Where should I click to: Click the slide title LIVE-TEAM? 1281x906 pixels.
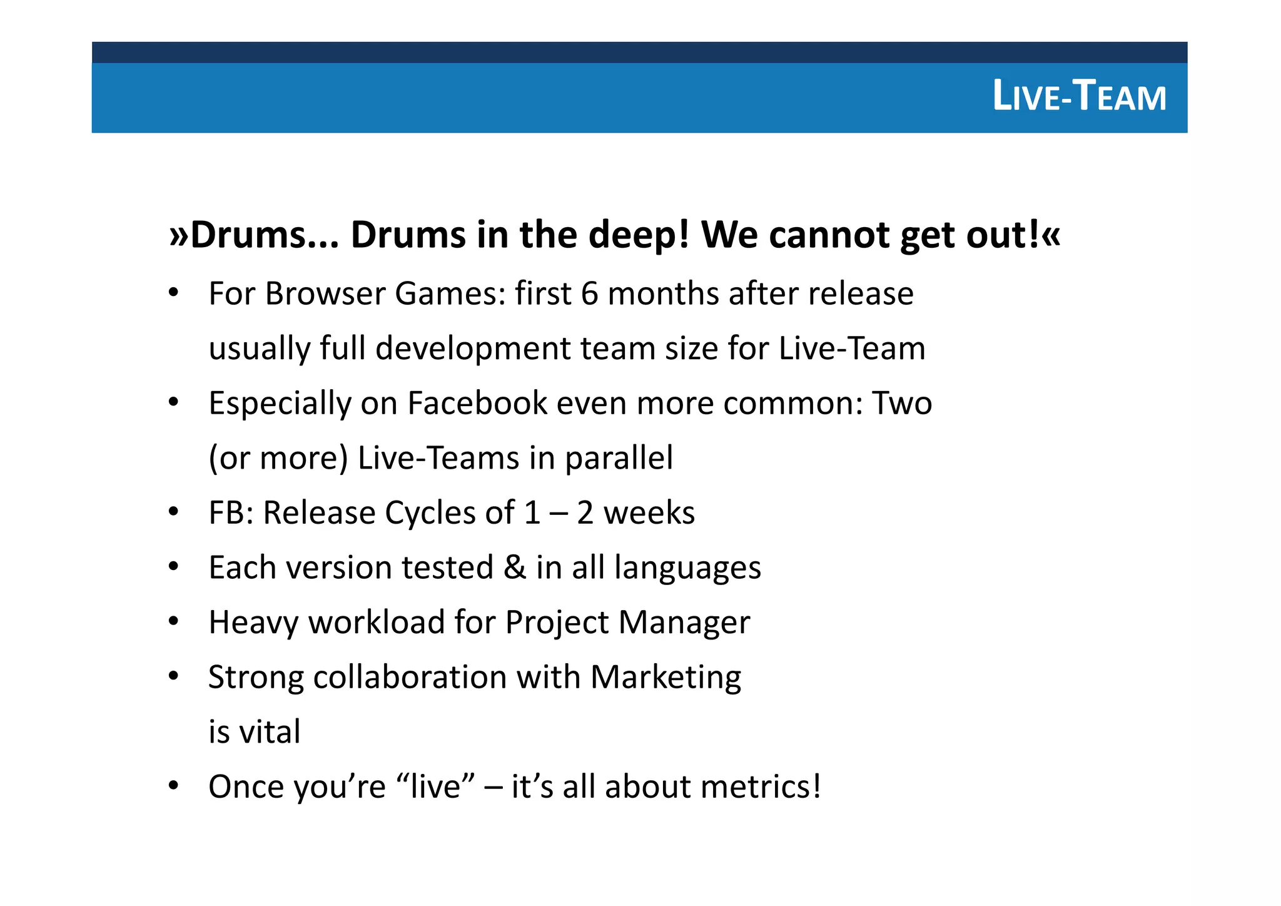(1079, 97)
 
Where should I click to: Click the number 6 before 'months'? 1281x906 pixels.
(589, 293)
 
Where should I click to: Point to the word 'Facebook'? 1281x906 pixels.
(477, 403)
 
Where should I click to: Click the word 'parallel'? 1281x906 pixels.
(619, 459)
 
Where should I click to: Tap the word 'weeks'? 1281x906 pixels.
(649, 513)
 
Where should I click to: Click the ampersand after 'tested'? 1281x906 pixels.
(514, 568)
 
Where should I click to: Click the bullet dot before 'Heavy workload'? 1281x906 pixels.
(174, 622)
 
